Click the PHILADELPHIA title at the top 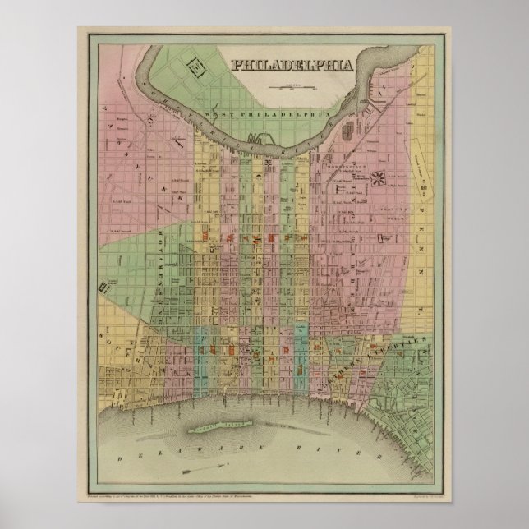(293, 65)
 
